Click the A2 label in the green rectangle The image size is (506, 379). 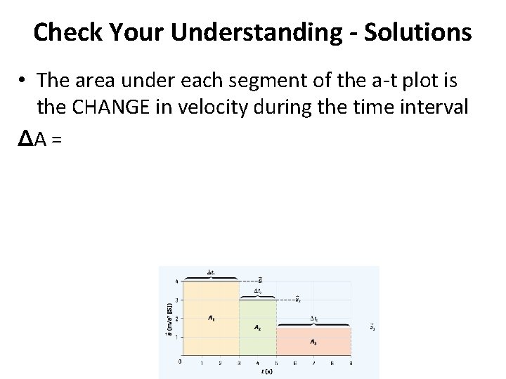tap(257, 327)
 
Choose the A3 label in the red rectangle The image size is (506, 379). tap(313, 343)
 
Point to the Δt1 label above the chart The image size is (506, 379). tap(211, 272)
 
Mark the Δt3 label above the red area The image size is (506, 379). tap(313, 319)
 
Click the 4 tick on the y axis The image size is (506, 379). tap(176, 281)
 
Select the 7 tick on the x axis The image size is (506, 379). tap(313, 363)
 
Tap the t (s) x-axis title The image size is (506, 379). tap(266, 371)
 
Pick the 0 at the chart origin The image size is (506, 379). tap(181, 361)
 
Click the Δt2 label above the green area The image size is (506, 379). tap(258, 291)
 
